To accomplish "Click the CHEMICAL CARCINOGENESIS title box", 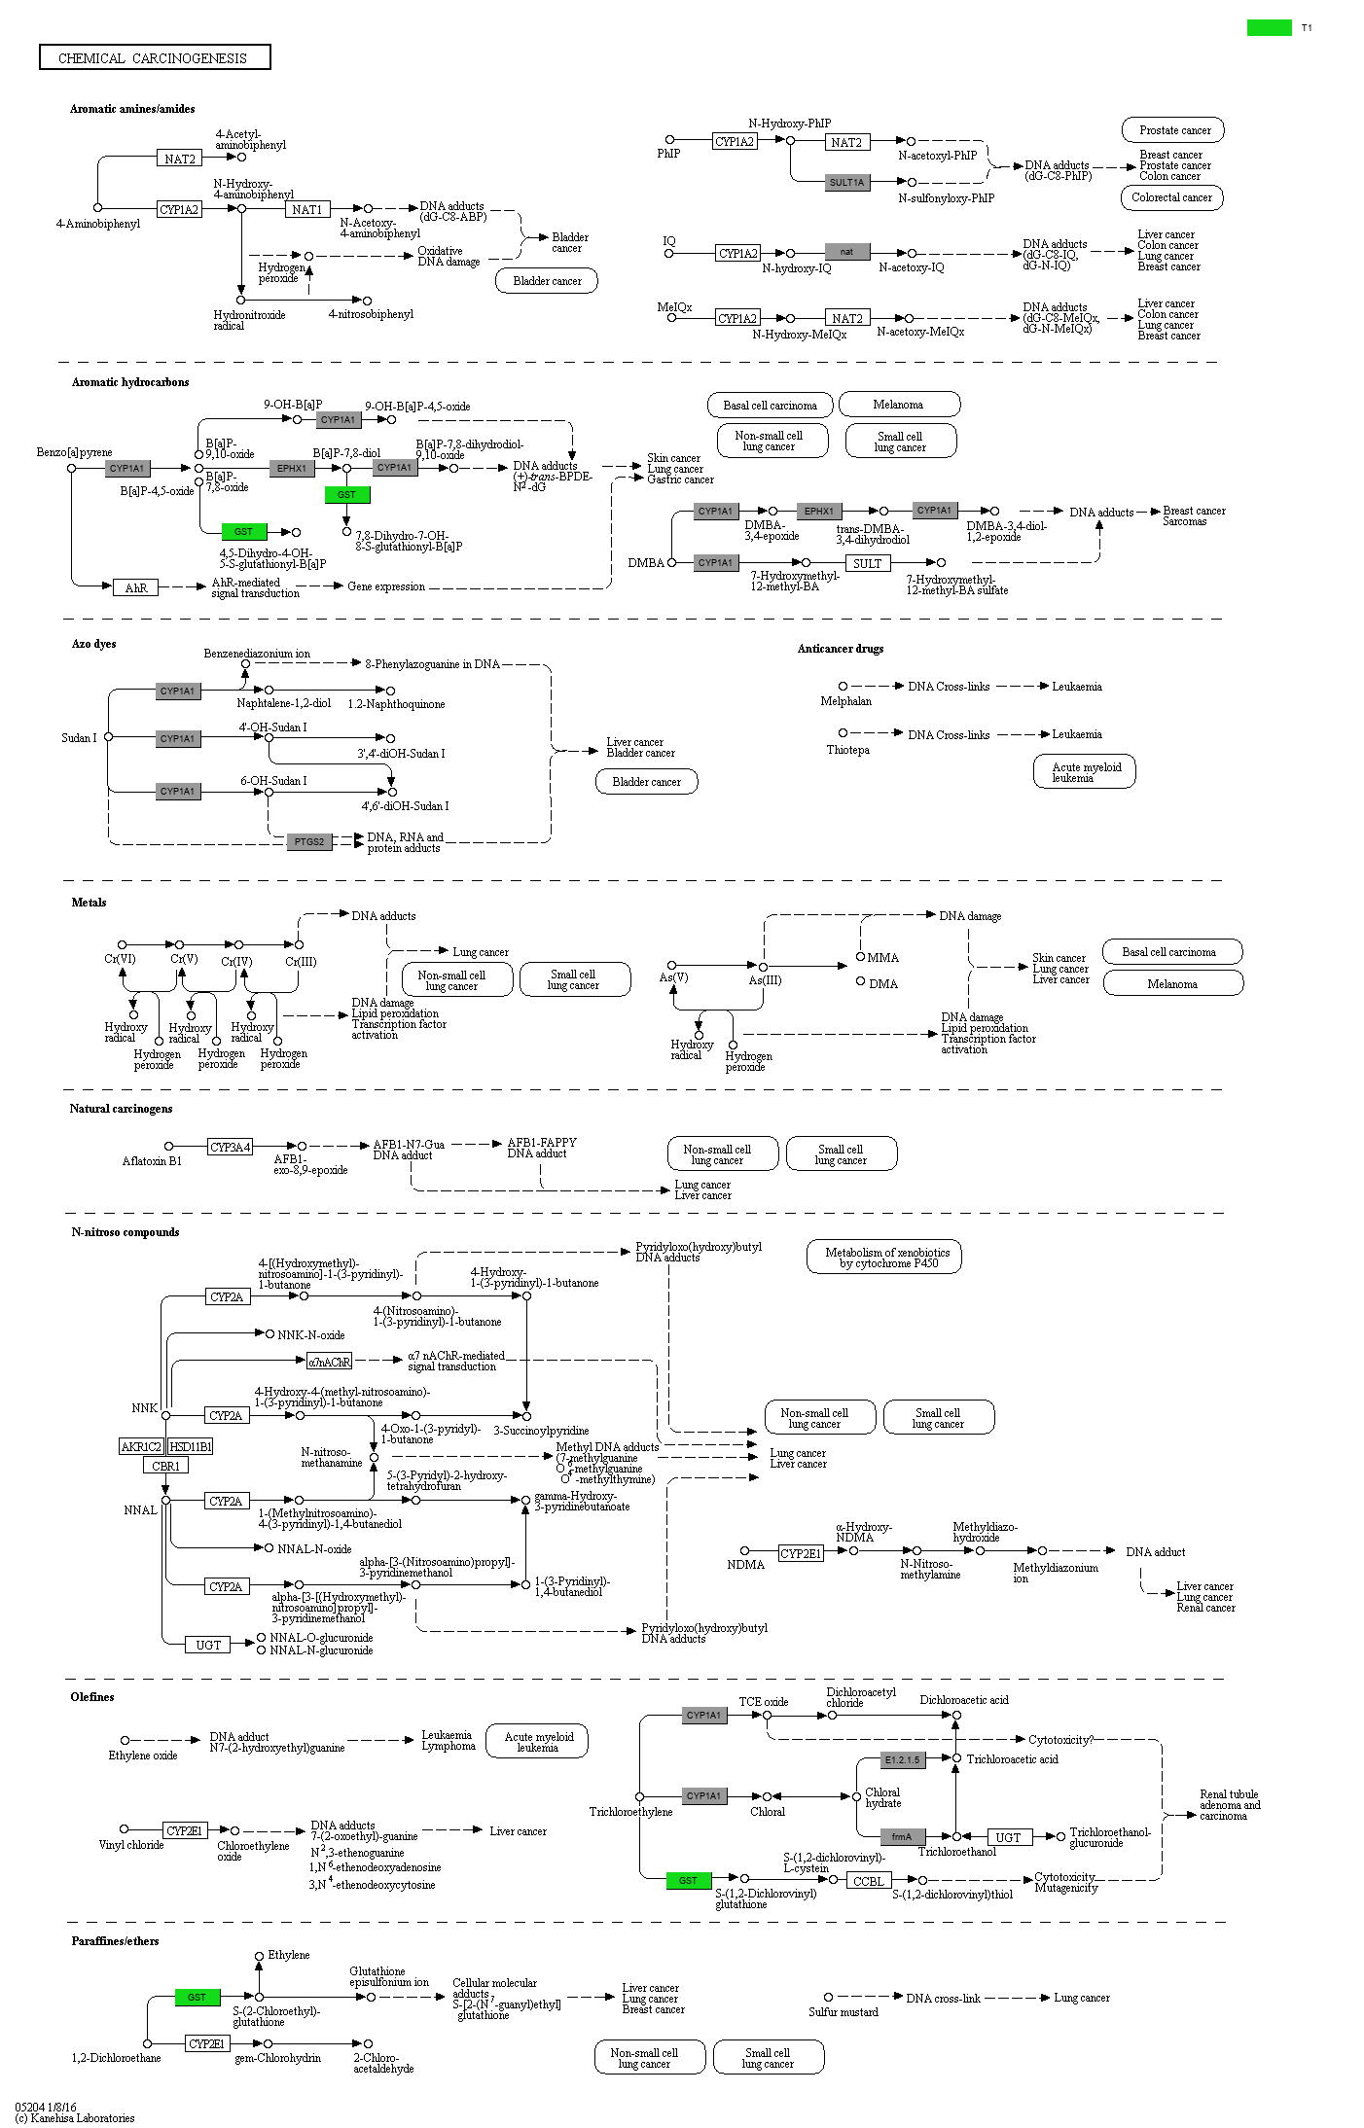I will pyautogui.click(x=155, y=58).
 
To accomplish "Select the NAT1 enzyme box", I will pyautogui.click(x=308, y=209).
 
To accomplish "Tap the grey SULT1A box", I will pyautogui.click(x=846, y=182).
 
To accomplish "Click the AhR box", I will pyautogui.click(x=136, y=587).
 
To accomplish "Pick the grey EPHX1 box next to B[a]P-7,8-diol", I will pyautogui.click(x=292, y=468).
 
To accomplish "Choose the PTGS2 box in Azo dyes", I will pyautogui.click(x=309, y=841).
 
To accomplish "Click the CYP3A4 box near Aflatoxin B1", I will pyautogui.click(x=230, y=1148).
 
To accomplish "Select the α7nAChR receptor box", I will pyautogui.click(x=329, y=1362).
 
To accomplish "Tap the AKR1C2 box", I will pyautogui.click(x=141, y=1446).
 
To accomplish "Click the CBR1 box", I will pyautogui.click(x=165, y=1466).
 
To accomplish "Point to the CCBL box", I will pyautogui.click(x=868, y=1881).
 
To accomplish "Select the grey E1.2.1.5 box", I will pyautogui.click(x=901, y=1759).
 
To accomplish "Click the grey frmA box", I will pyautogui.click(x=902, y=1836).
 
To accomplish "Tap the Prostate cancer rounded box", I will pyautogui.click(x=1174, y=130).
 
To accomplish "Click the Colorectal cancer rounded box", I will pyautogui.click(x=1171, y=197).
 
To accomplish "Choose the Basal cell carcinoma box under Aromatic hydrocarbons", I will pyautogui.click(x=770, y=405).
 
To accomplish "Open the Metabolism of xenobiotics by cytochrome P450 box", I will pyautogui.click(x=883, y=1258).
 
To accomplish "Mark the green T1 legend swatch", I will pyautogui.click(x=1269, y=28).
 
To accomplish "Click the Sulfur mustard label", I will pyautogui.click(x=844, y=2012).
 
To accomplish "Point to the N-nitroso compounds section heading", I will pyautogui.click(x=125, y=1232).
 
